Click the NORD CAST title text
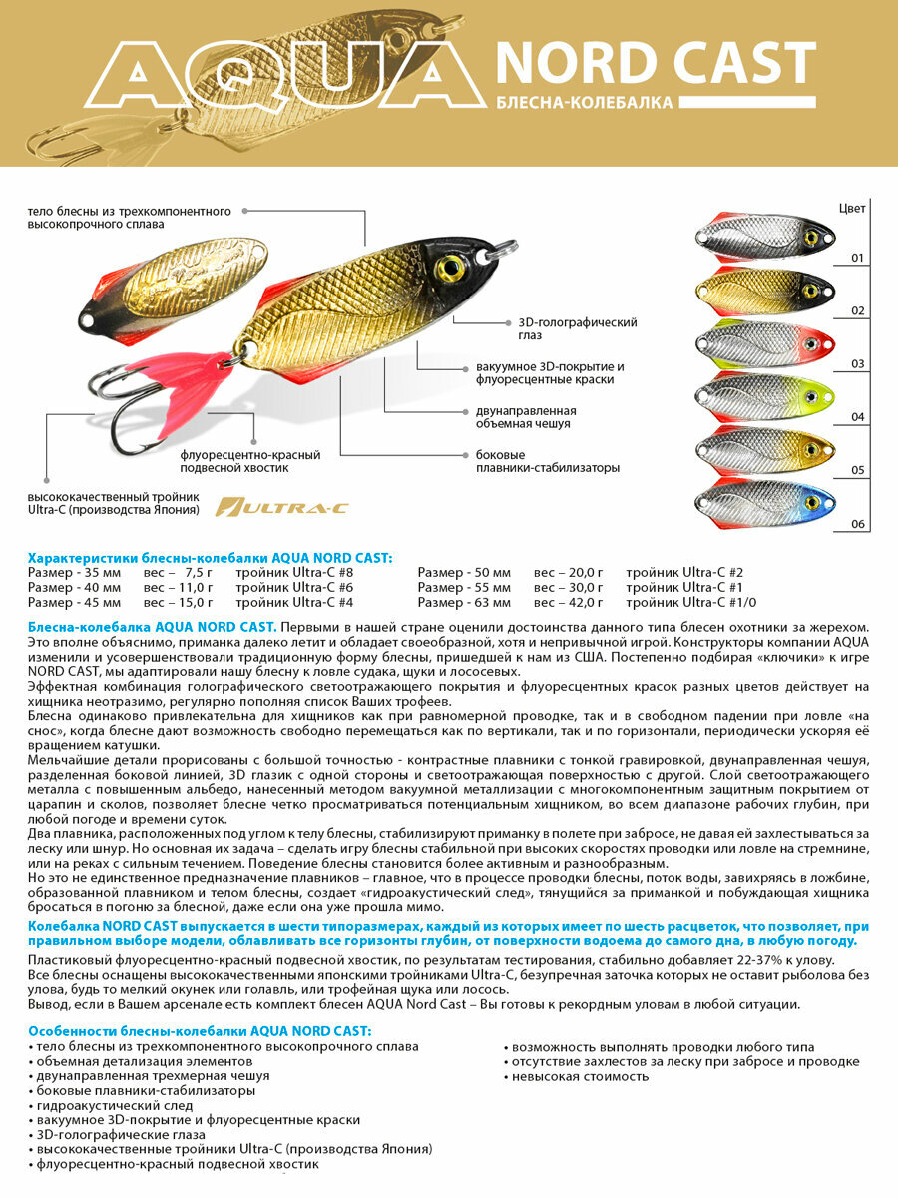point(656,63)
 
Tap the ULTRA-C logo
point(282,508)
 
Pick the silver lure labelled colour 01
point(763,238)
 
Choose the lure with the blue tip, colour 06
point(763,502)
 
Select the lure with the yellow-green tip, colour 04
point(763,396)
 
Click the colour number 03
point(857,364)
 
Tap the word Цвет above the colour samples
point(852,209)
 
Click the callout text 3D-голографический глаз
point(577,328)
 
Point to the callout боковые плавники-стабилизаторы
point(548,460)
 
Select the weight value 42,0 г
point(569,602)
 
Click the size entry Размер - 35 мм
point(75,572)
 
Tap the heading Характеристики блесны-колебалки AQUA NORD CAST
point(211,556)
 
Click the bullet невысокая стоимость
point(579,1077)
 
